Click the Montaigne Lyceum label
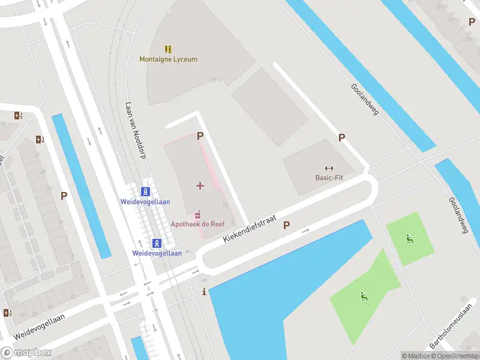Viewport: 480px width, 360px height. click(x=168, y=59)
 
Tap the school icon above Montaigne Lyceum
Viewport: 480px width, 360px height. click(x=169, y=49)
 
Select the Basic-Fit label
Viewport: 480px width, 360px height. click(x=329, y=178)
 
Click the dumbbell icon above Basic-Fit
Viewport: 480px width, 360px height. click(x=329, y=168)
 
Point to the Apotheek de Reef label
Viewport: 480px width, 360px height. click(x=197, y=224)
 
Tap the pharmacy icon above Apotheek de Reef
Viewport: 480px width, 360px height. click(x=197, y=214)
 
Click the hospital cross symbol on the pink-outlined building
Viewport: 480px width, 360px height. click(x=200, y=185)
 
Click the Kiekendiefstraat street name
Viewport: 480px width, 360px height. click(x=249, y=230)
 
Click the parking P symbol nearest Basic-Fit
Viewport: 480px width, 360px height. click(x=341, y=137)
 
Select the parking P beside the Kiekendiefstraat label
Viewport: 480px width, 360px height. click(x=287, y=226)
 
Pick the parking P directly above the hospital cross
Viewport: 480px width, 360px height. click(x=200, y=136)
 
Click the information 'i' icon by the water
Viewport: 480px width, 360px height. click(x=205, y=292)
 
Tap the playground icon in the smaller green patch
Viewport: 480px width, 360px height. click(x=410, y=239)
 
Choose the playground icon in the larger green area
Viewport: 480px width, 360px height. click(x=363, y=296)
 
